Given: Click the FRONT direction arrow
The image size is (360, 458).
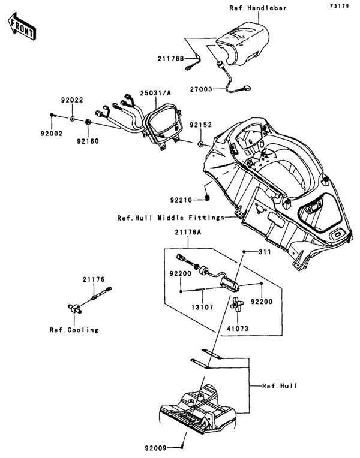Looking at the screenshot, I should [20, 25].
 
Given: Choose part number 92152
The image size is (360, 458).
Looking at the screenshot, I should [184, 126].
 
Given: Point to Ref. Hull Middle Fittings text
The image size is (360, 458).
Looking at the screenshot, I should [170, 218].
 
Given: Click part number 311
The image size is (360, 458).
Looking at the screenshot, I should [265, 252].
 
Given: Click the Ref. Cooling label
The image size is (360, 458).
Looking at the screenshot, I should [74, 330].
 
